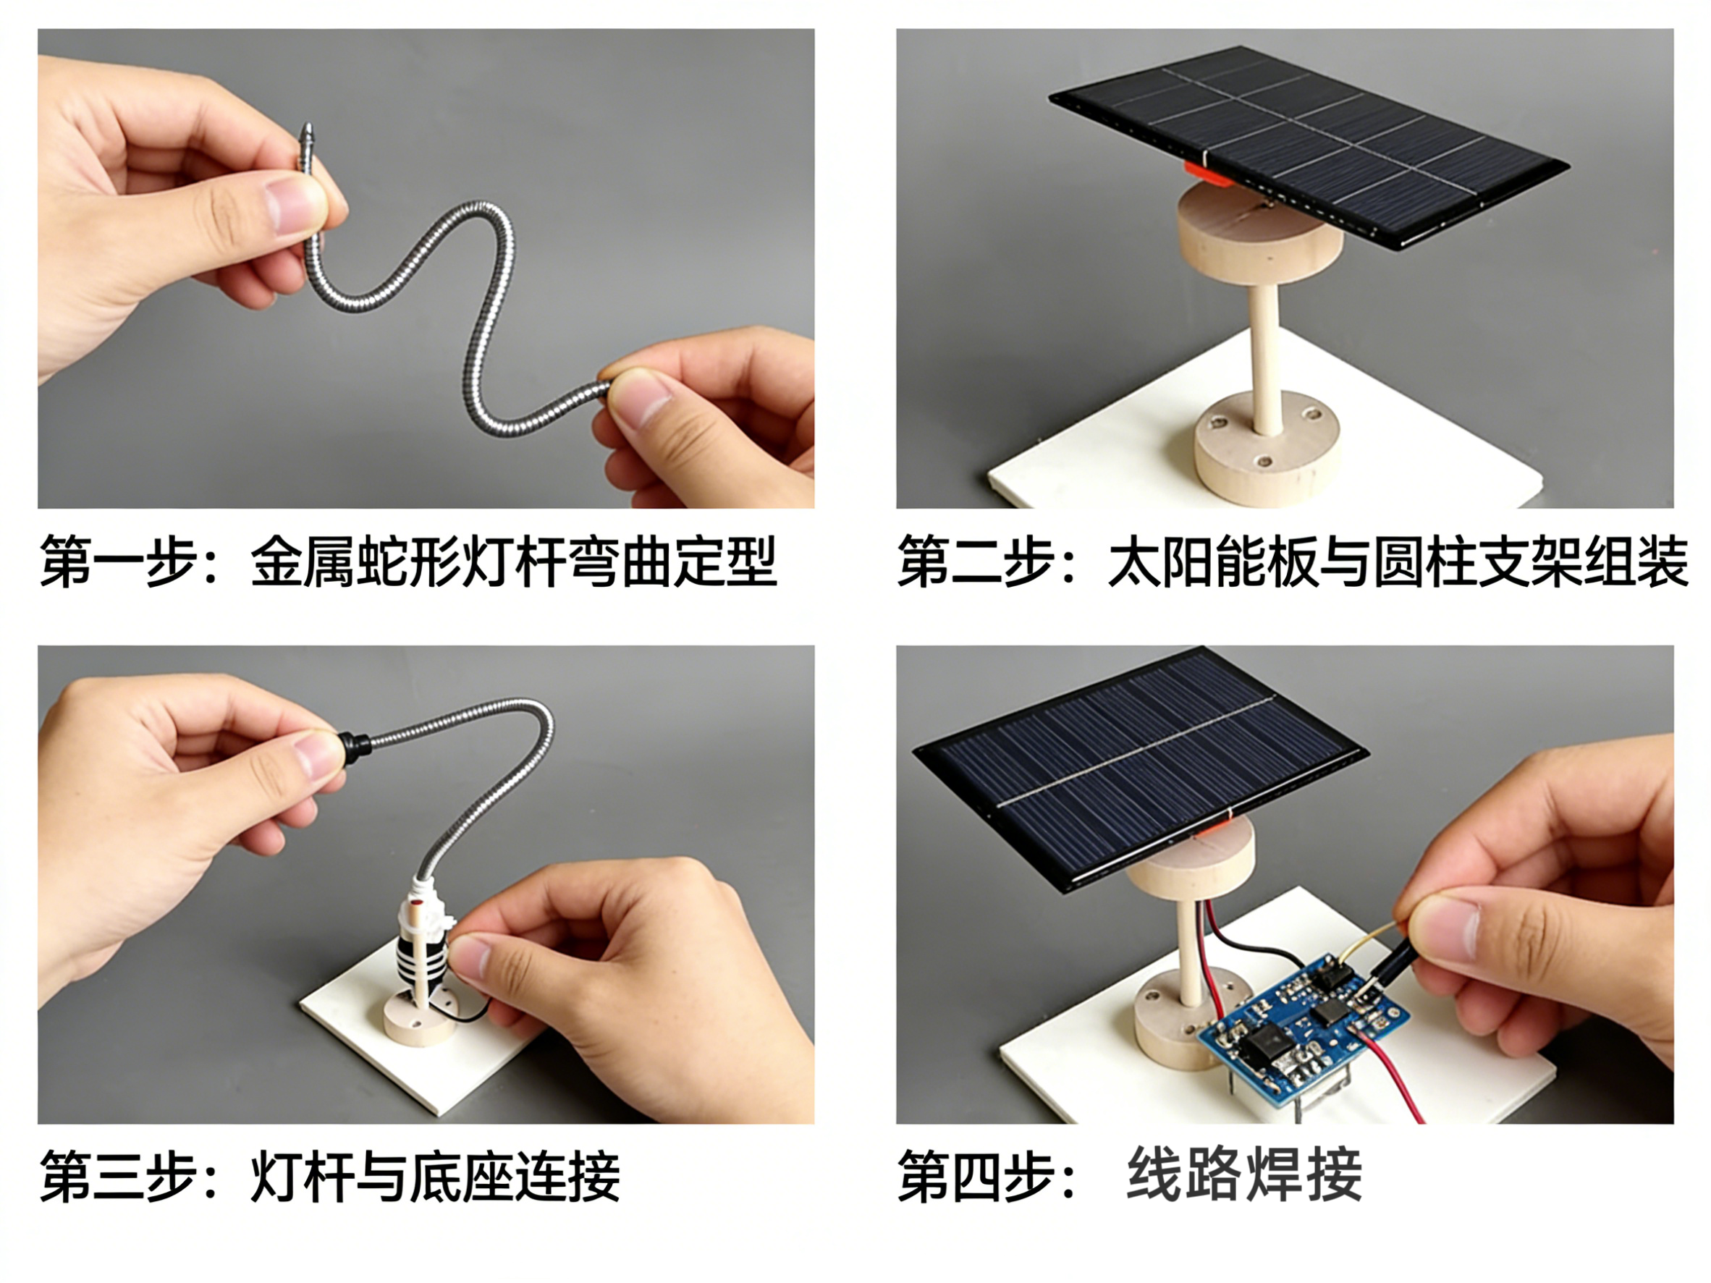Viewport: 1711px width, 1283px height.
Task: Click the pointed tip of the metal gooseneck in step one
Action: coord(307,126)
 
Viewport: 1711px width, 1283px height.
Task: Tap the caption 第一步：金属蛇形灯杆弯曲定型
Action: coord(407,561)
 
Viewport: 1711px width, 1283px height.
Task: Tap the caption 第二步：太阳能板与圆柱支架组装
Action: coord(1293,561)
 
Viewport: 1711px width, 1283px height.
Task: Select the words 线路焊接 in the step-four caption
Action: coord(1243,1174)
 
